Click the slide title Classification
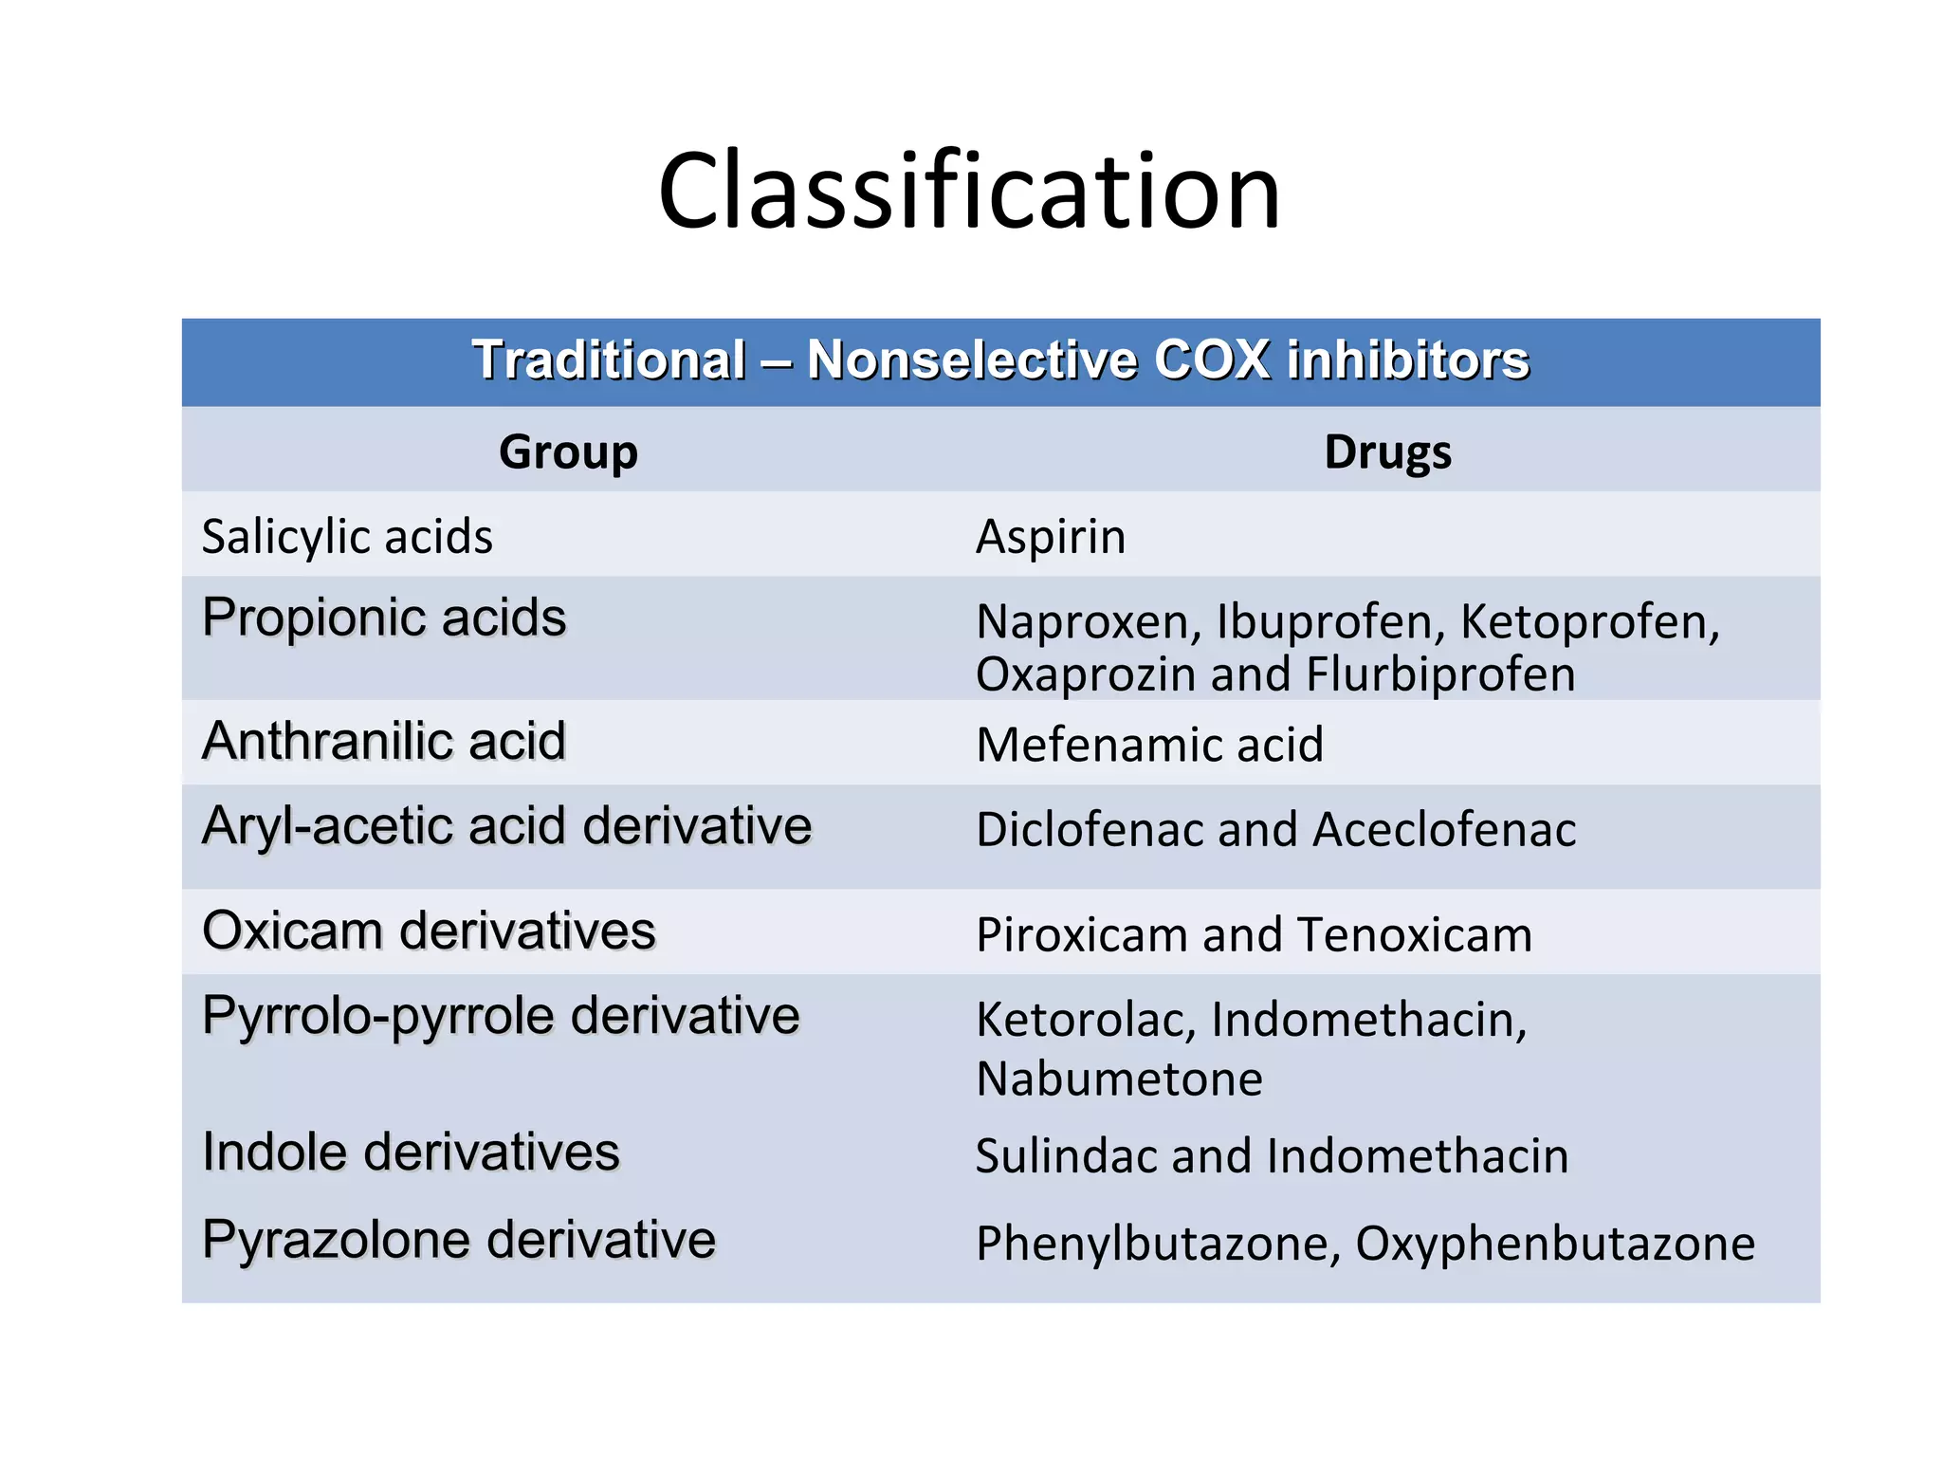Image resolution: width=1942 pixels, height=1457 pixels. point(969,192)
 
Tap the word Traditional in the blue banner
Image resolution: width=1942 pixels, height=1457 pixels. point(610,360)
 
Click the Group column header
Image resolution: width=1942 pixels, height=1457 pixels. point(568,452)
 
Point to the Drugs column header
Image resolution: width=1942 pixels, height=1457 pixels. point(1387,452)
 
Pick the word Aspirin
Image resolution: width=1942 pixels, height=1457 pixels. point(1051,538)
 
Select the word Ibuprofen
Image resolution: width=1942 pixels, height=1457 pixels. point(1330,622)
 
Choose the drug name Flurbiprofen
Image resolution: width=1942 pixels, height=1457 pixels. point(1440,675)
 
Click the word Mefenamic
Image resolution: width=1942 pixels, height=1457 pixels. point(1090,745)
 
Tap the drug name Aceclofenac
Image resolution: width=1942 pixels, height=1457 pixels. point(1444,830)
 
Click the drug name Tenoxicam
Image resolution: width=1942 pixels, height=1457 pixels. point(1415,935)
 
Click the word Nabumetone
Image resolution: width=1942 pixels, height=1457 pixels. point(1120,1079)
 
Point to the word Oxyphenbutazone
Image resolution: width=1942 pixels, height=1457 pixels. point(1555,1244)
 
